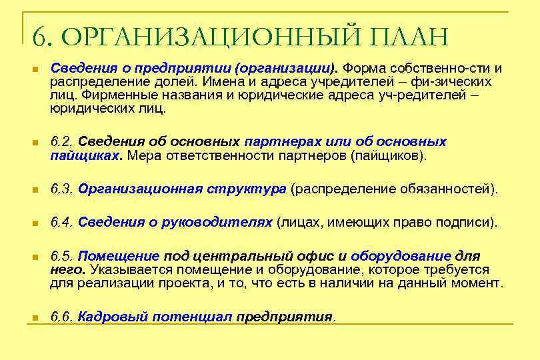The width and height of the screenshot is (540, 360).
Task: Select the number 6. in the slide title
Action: pos(42,37)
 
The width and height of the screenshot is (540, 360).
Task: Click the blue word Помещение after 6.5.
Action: pos(119,257)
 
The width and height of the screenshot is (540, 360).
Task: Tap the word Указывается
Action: pos(123,269)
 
